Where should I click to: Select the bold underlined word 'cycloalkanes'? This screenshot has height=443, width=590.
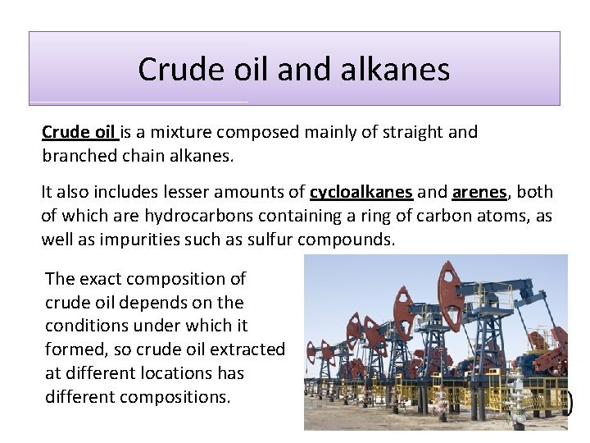pyautogui.click(x=361, y=193)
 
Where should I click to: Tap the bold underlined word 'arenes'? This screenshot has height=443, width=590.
pyautogui.click(x=479, y=193)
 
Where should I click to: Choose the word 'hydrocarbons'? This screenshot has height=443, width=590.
pyautogui.click(x=175, y=217)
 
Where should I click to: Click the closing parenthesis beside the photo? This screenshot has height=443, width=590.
pyautogui.click(x=569, y=401)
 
